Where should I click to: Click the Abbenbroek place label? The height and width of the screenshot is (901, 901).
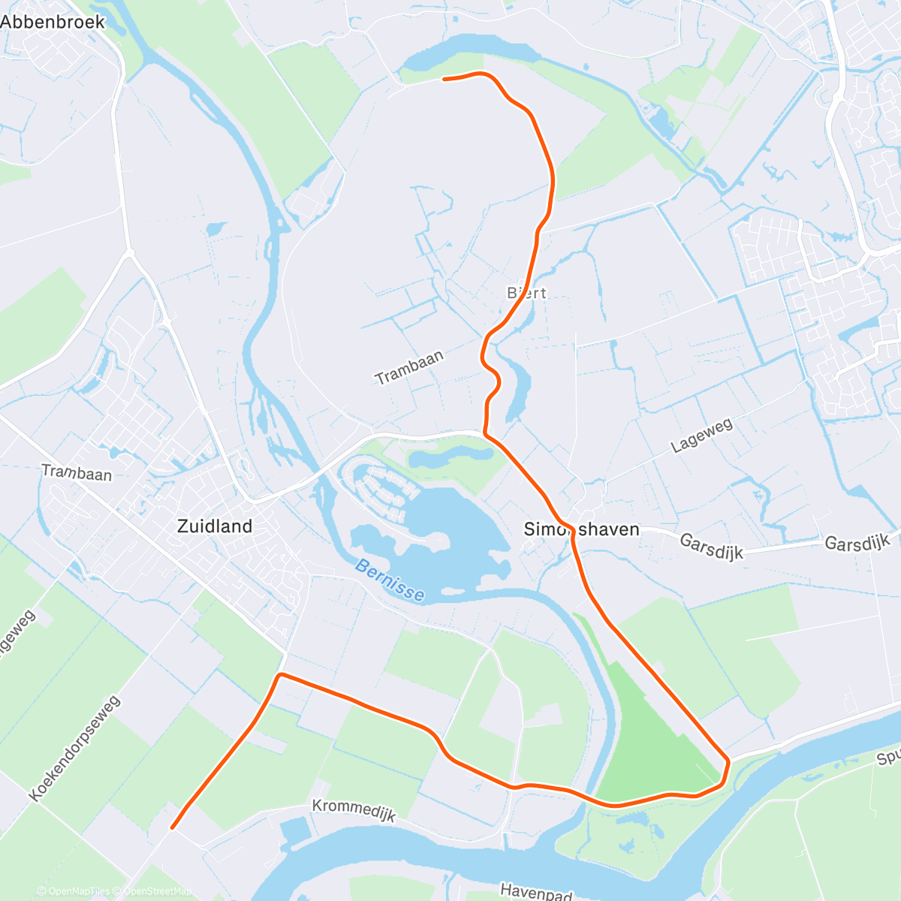pos(53,22)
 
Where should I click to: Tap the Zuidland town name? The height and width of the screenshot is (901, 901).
pos(215,526)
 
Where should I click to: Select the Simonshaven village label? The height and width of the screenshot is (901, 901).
pos(582,530)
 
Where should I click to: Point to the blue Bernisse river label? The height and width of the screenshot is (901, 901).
pos(390,580)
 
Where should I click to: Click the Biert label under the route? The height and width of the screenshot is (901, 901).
pos(527,294)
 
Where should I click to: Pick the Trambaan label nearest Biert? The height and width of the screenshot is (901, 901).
pos(409,367)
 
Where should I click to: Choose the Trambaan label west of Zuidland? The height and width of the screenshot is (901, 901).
pos(77,473)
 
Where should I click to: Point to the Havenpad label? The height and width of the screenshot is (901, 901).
pos(536,892)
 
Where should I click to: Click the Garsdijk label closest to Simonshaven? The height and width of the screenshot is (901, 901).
pos(711,547)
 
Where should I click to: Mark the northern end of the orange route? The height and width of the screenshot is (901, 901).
pos(444,78)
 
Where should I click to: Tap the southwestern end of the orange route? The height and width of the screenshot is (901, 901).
pos(173,827)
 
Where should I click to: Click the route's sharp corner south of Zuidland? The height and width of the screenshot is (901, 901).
pos(279,675)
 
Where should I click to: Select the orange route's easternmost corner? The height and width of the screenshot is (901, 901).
pos(728,761)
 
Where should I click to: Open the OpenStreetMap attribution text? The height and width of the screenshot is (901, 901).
pos(158,891)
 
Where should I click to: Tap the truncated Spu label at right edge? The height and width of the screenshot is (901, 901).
pos(888,758)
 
